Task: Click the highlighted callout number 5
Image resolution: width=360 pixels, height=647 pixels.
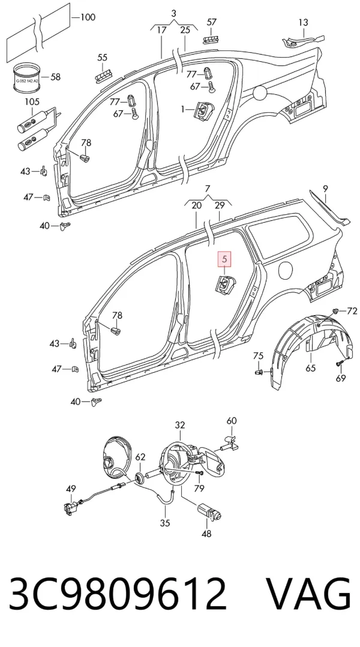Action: click(224, 259)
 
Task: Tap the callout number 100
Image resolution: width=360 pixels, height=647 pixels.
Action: click(88, 17)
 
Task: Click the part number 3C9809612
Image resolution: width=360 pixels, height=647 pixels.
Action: click(118, 594)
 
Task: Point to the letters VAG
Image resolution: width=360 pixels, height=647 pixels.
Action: click(308, 594)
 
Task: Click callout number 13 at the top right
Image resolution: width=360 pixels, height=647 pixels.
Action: click(303, 22)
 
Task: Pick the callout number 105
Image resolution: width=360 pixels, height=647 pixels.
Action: click(32, 101)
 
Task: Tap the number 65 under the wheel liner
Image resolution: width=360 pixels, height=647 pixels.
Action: click(311, 369)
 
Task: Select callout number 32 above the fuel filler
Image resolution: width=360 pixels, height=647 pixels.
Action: click(180, 425)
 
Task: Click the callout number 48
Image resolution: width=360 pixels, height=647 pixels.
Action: click(206, 534)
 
